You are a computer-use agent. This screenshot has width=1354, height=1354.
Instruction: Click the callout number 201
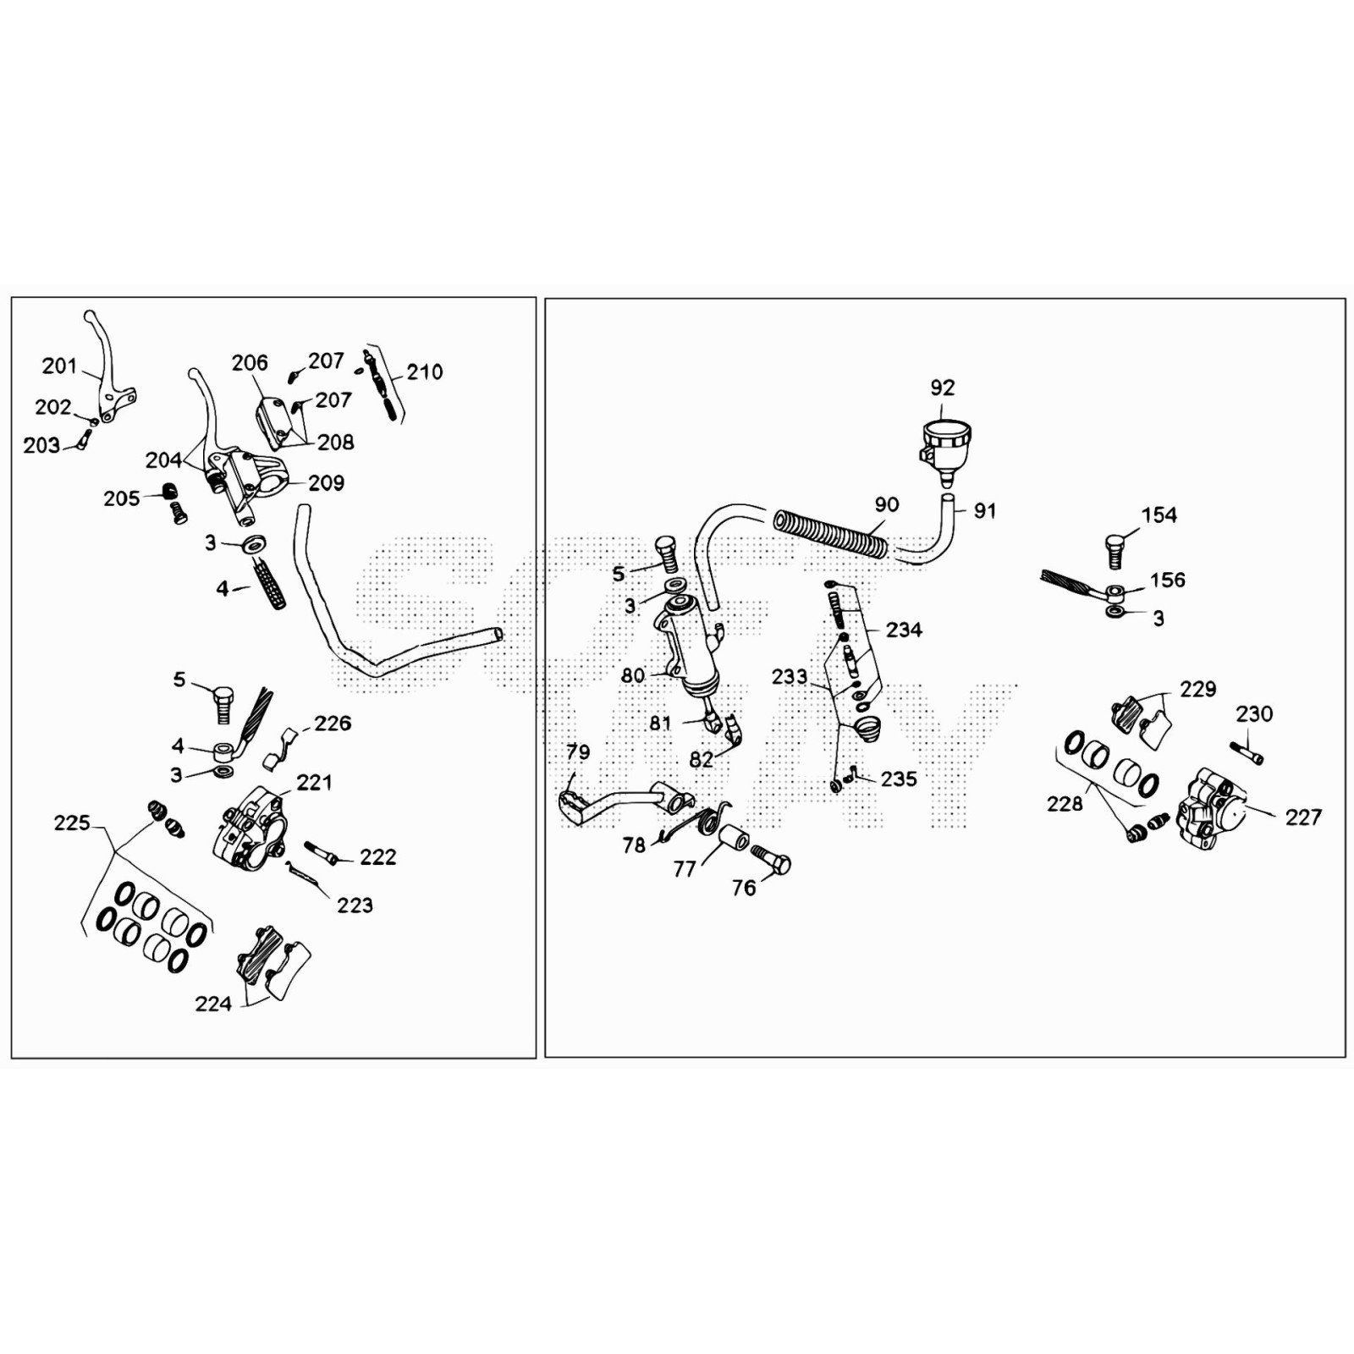pos(59,366)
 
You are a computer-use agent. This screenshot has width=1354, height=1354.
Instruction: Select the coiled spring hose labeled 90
pos(830,533)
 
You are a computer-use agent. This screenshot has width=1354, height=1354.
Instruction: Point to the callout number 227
pos(1302,817)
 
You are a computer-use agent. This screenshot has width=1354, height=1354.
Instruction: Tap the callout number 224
pos(212,1004)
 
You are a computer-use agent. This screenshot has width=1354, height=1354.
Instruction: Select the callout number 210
pos(424,372)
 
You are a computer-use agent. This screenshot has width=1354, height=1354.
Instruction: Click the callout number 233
pos(789,676)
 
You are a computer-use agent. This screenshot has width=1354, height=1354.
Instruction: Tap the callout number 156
pos(1167,580)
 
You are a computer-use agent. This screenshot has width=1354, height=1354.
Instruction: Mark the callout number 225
pos(72,823)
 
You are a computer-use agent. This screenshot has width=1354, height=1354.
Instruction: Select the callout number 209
pos(326,482)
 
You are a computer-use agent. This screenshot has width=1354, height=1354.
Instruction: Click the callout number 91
pos(985,510)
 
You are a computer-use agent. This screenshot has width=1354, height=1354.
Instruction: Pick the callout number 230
pos(1253,713)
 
